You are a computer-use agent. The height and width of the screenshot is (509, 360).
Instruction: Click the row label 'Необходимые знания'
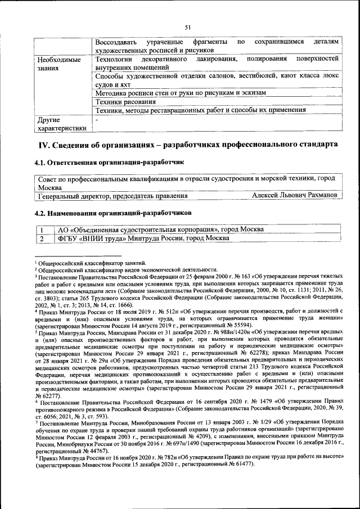point(58,64)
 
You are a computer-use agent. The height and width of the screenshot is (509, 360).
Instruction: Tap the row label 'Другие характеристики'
point(61,124)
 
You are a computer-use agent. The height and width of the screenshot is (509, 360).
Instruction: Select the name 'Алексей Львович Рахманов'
point(295,195)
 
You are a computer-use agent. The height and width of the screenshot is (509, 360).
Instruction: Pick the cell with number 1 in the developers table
point(42,229)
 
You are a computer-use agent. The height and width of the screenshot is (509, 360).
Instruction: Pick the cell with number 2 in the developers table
point(42,238)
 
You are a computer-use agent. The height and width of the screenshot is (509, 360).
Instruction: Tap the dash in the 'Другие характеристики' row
point(97,120)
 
